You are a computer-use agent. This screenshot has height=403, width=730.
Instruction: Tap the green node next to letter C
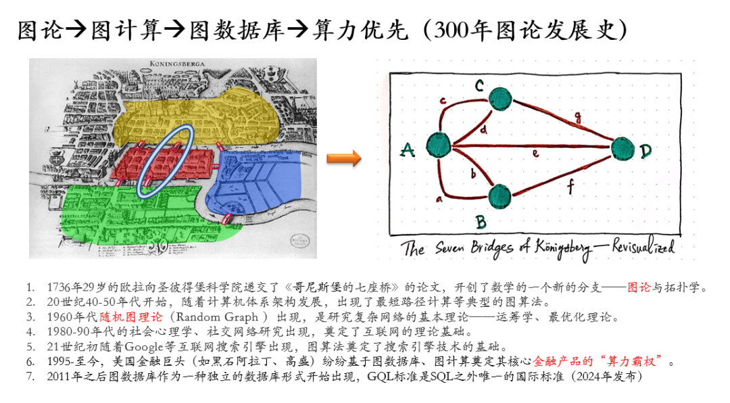(500, 98)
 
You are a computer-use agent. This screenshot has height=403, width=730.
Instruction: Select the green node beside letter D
(623, 149)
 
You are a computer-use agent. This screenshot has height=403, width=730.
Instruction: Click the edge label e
(535, 154)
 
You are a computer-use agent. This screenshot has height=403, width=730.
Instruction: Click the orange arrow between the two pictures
(344, 158)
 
